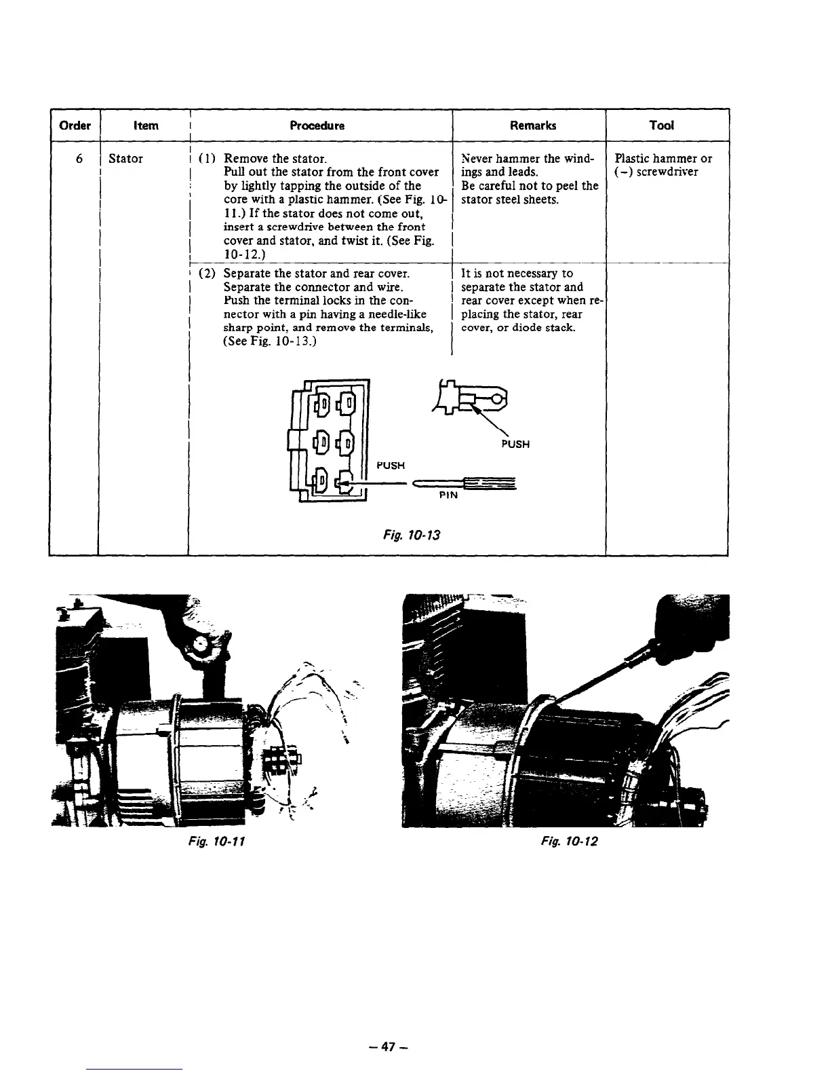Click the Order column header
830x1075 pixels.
[75, 126]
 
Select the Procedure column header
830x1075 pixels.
[317, 126]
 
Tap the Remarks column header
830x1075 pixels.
[534, 126]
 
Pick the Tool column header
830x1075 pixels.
[661, 126]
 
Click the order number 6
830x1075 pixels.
[79, 159]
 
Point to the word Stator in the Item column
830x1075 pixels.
[125, 159]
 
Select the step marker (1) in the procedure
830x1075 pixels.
[207, 159]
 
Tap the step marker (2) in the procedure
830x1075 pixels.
[207, 274]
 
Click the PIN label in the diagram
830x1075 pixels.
[448, 495]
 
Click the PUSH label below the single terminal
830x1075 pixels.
[515, 445]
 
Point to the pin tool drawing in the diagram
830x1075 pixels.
[468, 484]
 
